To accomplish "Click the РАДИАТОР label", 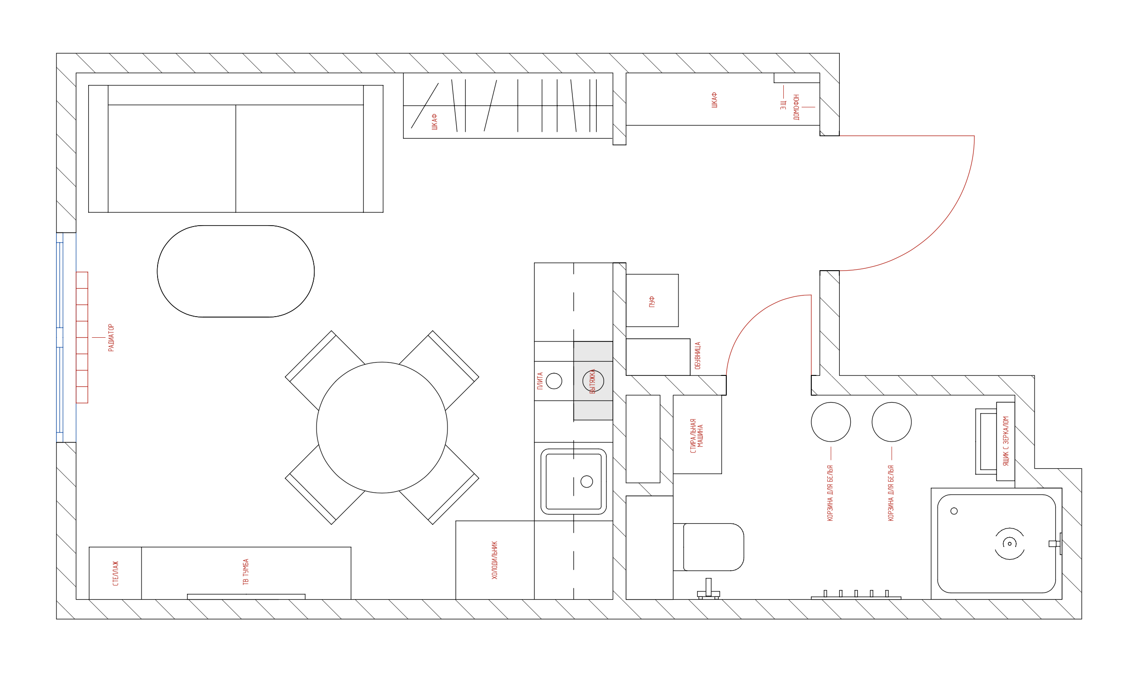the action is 111,338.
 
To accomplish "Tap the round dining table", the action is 382,427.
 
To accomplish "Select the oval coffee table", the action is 236,271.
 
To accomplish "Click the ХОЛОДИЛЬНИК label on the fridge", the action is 494,560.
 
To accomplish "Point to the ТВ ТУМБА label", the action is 246,572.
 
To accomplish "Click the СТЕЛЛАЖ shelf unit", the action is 115,573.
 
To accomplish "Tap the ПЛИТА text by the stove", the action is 540,380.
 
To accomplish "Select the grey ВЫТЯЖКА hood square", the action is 593,380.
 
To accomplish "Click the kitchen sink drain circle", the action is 587,482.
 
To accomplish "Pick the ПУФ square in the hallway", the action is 652,301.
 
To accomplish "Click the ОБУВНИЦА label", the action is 698,355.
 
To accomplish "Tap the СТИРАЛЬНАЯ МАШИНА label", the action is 697,436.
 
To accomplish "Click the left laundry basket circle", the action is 831,422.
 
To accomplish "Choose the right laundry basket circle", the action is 892,422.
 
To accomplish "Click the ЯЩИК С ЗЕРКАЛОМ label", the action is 1006,441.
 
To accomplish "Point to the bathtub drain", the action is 1010,544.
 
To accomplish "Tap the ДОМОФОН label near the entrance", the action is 797,107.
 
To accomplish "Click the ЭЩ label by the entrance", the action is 783,105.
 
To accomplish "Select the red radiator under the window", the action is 82,337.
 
